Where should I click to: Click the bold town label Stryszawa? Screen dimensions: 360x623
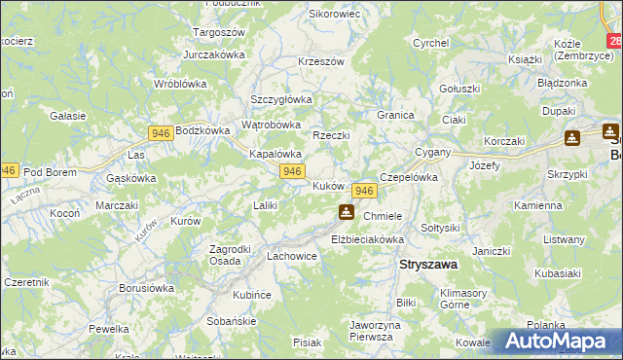430,264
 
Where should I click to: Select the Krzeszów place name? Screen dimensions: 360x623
322,60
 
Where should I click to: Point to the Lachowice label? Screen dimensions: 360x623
292,256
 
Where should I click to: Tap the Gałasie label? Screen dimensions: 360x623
68,115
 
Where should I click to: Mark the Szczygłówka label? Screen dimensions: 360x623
280,99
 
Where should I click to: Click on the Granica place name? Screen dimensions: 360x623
396,114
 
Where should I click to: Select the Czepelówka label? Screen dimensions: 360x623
408,178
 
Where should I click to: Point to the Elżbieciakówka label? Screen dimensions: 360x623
367,238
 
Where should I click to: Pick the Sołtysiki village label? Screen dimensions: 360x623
439,227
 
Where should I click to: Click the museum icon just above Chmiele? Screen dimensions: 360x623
346,212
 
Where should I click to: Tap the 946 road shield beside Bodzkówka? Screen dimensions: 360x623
162,132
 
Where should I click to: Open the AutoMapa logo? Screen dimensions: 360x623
560,342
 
